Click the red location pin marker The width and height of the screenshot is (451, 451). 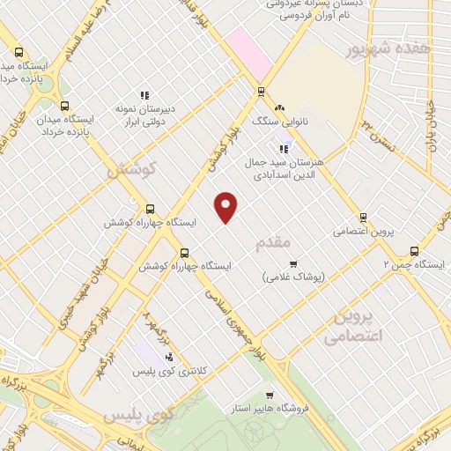tap(226, 206)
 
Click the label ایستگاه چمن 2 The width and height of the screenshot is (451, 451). tap(410, 265)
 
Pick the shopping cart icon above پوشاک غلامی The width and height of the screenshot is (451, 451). tap(294, 262)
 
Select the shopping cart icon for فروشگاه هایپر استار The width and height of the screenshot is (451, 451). tap(270, 395)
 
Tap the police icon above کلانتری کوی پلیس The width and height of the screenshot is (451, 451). tap(169, 357)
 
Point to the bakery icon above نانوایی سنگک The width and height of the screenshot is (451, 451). tap(279, 107)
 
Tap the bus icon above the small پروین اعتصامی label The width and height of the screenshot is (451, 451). tap(363, 218)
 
